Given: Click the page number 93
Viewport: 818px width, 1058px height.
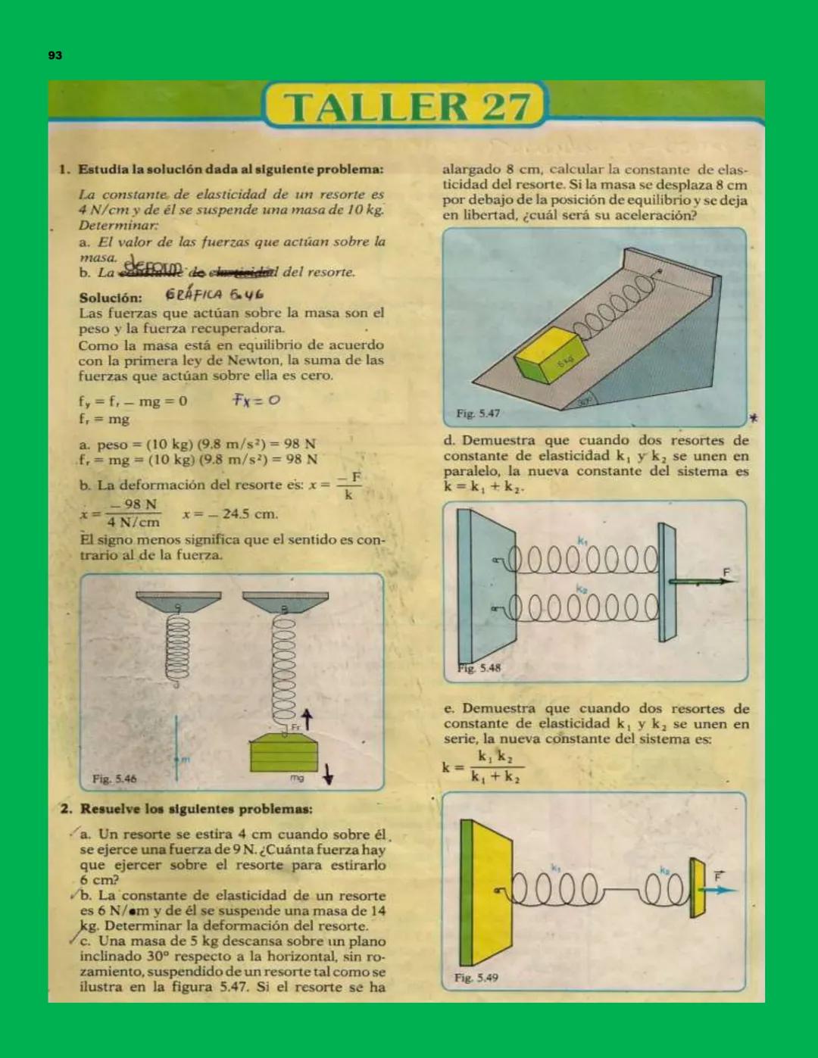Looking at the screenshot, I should pos(55,55).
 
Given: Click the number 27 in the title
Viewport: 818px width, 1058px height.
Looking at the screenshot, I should pos(504,107).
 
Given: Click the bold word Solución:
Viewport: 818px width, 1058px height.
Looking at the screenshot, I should pos(111,298).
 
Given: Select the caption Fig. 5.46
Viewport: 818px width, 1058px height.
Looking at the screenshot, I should pos(114,779).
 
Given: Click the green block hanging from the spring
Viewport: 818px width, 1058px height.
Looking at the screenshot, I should pos(283,753).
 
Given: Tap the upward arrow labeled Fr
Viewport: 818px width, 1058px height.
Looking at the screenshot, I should pos(307,719).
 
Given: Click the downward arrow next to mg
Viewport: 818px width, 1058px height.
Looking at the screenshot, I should pos(328,774).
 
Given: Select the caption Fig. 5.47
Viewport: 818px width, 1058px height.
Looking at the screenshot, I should pos(477,414).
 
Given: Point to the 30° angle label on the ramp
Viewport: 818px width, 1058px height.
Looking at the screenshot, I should pos(584,402).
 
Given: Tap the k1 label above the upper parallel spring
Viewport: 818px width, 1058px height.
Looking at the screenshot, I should pos(582,541).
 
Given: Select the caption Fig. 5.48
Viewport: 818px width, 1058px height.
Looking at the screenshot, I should pos(479,668).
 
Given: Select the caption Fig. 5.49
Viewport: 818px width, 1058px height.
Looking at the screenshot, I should pos(476,978).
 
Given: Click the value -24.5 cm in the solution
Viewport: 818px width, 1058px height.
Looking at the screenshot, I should pos(231,514).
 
